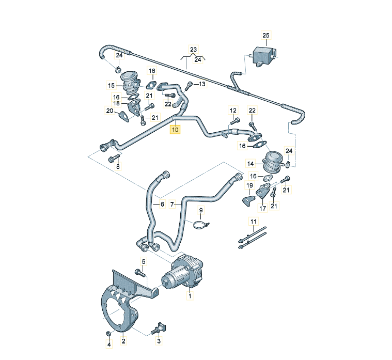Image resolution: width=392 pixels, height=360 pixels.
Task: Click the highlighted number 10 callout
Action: [x=175, y=130]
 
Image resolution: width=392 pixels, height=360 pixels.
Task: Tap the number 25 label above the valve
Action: [x=266, y=36]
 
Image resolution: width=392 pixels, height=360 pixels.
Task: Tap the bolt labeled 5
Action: [x=138, y=272]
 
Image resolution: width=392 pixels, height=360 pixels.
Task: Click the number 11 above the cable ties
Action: [x=253, y=222]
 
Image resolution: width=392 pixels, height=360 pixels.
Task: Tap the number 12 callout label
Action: [x=233, y=110]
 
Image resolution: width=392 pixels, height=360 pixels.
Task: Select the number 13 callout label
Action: [x=202, y=84]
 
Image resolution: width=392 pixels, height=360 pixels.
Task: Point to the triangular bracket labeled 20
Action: [x=124, y=117]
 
